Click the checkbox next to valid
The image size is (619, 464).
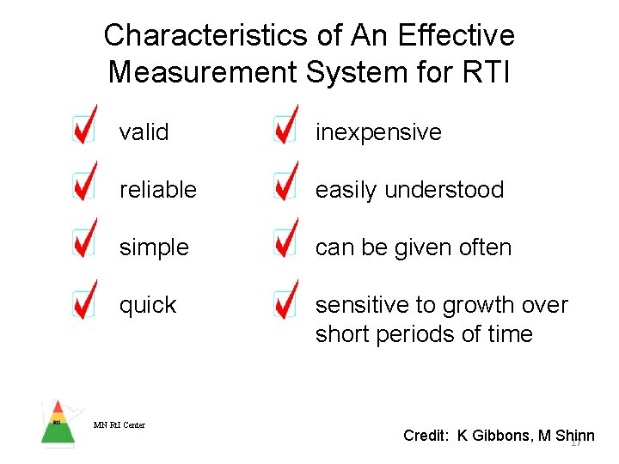tap(83, 131)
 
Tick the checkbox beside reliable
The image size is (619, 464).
tap(83, 186)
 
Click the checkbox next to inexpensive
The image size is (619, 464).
tap(285, 131)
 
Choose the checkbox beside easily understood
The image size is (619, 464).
tap(285, 186)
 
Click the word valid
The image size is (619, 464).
tap(144, 132)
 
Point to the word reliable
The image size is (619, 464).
tap(157, 190)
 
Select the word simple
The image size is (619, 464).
tap(153, 247)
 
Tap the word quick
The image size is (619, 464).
tap(148, 305)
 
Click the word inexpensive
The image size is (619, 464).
tap(378, 132)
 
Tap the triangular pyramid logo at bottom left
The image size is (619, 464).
tap(58, 423)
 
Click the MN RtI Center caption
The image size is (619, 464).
tap(120, 424)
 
